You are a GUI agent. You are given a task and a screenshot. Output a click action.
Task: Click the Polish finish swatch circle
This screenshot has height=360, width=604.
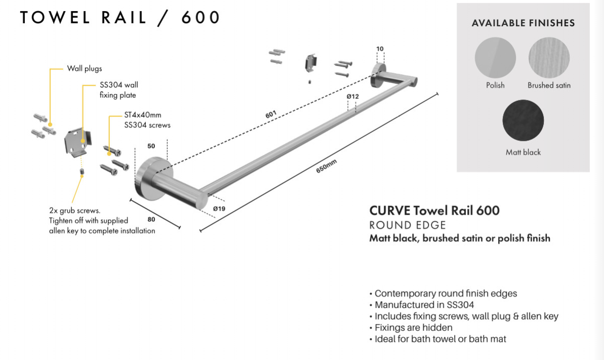495,58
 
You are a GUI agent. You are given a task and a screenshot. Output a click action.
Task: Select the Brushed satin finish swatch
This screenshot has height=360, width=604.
549,58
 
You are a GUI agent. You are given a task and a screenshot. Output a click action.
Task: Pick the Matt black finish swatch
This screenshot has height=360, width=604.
523,121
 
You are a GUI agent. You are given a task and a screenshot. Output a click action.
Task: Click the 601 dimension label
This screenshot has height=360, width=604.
271,115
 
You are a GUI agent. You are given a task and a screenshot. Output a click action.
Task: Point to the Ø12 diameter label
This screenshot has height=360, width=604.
352,96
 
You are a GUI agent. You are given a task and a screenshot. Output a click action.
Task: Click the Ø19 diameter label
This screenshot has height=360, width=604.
219,208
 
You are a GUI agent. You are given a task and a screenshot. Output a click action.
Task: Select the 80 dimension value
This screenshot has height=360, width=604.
151,220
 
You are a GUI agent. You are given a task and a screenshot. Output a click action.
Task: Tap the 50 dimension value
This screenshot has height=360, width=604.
151,145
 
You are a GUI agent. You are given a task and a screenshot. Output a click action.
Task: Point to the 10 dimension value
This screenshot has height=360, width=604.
380,49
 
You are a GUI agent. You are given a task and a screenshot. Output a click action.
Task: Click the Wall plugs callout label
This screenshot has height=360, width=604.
85,68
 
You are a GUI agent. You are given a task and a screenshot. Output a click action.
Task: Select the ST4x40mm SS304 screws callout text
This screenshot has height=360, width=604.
146,121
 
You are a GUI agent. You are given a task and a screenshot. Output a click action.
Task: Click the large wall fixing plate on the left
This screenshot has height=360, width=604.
77,141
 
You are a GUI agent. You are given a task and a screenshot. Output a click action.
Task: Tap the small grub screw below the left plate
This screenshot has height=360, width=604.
81,174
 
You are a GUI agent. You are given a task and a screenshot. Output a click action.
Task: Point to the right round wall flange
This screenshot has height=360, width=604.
377,76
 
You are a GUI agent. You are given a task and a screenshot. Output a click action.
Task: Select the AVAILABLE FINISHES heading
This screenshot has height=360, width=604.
523,23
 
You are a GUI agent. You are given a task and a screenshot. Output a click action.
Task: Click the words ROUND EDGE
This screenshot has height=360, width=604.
408,225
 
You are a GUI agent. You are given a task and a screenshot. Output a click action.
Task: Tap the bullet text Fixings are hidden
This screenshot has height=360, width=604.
413,328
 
